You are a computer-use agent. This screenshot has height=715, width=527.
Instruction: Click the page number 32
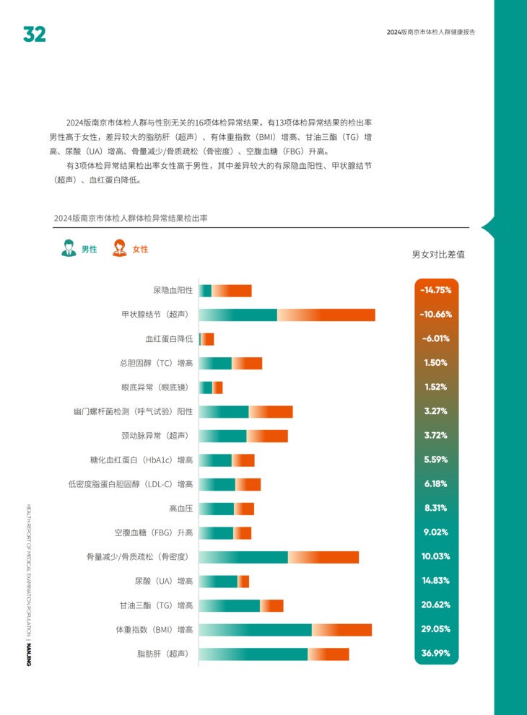pos(34,34)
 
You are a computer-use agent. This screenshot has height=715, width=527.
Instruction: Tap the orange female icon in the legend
pos(118,248)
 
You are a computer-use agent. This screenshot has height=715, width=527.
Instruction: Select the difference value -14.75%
pos(436,290)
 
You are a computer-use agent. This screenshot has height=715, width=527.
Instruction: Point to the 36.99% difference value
pos(436,654)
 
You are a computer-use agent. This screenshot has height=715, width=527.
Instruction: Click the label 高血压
pos(180,509)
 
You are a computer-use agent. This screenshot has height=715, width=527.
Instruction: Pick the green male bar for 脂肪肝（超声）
pos(253,654)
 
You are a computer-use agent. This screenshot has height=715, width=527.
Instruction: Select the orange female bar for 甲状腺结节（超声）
pos(326,315)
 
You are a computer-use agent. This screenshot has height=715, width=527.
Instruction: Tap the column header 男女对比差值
pos(437,255)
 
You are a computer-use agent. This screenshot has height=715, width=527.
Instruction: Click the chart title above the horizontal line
pos(131,217)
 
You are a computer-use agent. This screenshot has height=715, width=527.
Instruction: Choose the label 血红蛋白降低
pos(169,338)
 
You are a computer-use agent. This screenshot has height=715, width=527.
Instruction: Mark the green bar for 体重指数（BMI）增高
pos(255,630)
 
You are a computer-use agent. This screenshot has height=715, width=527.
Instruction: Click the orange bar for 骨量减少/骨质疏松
pos(323,557)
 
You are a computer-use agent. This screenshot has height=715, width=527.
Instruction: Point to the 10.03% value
pos(436,557)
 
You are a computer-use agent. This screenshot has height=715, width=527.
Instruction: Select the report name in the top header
pos(430,32)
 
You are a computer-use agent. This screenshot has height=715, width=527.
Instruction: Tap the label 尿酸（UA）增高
pos(164,581)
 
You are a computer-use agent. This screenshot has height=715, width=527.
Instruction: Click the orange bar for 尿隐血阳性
pos(232,291)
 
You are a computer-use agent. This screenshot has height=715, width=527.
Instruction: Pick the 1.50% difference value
pos(436,363)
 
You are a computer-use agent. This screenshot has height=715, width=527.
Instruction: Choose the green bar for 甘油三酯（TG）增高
pos(229,605)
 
